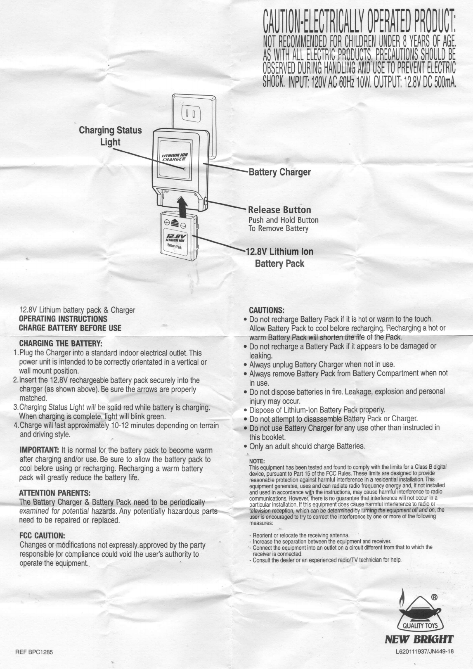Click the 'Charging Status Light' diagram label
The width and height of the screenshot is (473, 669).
pos(110,136)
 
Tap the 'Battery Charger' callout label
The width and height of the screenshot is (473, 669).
pos(279,172)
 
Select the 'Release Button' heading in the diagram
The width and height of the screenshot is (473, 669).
pos(279,209)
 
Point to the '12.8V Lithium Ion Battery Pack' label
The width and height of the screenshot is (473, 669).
pos(279,257)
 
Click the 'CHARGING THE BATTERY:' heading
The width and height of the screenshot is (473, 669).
pos(61,344)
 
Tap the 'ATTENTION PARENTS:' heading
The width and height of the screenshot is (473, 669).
pos(55,493)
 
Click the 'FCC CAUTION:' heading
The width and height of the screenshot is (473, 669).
pos(42,536)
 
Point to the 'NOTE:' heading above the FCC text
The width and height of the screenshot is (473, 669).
pos(257,461)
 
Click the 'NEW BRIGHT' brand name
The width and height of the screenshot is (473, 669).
pos(419,640)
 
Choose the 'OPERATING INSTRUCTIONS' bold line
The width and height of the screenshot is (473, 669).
pos(63,319)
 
